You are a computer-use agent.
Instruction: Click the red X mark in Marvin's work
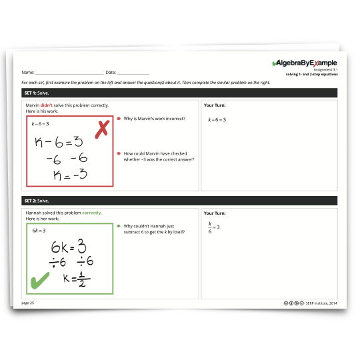coord(102,129)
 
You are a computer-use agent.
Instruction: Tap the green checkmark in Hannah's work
coord(40,280)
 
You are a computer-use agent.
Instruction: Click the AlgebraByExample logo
coord(305,63)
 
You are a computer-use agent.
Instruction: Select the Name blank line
coord(69,74)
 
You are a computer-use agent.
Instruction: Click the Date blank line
coord(133,74)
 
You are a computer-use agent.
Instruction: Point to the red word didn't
coord(47,105)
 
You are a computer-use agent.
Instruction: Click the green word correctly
coord(91,213)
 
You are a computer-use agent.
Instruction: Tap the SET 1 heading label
coord(37,93)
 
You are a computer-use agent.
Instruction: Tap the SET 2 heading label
coord(37,201)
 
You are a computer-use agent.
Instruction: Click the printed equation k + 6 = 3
coord(217,119)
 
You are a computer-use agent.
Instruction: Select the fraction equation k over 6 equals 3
coord(214,227)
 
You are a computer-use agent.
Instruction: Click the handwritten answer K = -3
coord(70,174)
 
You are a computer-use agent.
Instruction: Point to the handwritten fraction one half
coord(83,279)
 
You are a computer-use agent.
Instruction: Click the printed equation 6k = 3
coord(39,231)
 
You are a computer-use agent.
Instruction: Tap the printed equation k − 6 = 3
coord(40,124)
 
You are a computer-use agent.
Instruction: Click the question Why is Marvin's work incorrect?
coord(154,119)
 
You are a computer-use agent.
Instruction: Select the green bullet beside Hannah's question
coord(119,226)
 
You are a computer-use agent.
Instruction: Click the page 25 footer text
coord(27,303)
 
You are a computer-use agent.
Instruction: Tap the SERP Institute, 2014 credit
coord(321,303)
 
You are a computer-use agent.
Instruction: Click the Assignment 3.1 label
coord(325,69)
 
